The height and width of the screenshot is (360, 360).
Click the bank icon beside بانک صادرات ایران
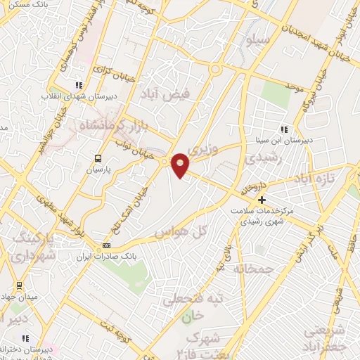coord(107,245)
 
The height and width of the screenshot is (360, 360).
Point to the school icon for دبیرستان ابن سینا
coord(284,129)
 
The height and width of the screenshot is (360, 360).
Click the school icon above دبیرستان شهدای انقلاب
coord(79,86)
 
